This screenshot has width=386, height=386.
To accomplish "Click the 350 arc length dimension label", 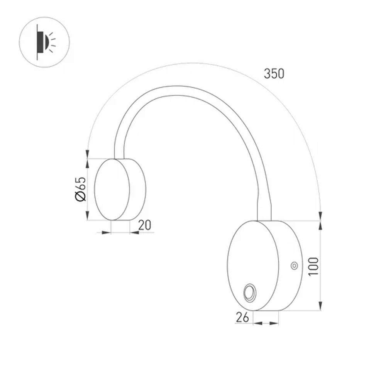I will click(274, 73).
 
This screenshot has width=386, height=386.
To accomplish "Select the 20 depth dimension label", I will click(144, 225).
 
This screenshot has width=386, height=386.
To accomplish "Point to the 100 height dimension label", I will click(313, 266).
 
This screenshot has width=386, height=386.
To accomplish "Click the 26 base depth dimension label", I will click(242, 317).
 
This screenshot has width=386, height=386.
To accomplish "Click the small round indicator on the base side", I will click(294, 265).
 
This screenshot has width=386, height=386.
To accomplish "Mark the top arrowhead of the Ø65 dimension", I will click(88, 162).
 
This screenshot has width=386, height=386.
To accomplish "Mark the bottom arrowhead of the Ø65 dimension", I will click(88, 217).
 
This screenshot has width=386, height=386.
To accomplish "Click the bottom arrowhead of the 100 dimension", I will click(320, 306).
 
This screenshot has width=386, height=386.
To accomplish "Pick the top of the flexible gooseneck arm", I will click(174, 91).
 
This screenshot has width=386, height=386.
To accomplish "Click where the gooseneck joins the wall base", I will click(264, 219).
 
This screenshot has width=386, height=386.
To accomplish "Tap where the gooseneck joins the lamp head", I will click(119, 157).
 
